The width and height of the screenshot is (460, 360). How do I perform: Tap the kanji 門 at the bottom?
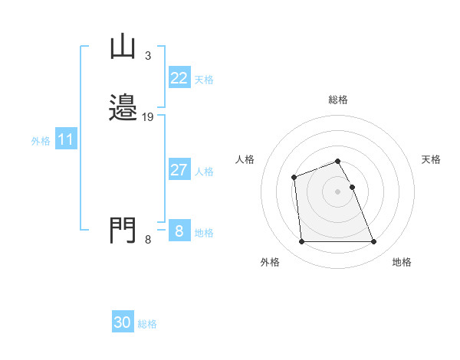click(x=123, y=230)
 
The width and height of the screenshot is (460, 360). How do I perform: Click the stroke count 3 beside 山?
click(x=147, y=56)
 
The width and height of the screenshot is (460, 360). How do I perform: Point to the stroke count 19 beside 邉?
click(x=148, y=117)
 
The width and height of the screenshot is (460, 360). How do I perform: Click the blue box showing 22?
click(x=179, y=78)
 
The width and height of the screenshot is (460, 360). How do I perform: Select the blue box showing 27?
click(x=179, y=170)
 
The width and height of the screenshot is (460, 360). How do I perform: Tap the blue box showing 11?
click(x=66, y=140)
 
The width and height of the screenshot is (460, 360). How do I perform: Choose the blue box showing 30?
click(x=123, y=322)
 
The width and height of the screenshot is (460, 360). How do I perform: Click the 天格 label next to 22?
click(x=204, y=80)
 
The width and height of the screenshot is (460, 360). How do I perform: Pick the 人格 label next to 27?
click(x=204, y=172)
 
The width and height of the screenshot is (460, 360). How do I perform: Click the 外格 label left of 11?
click(x=40, y=141)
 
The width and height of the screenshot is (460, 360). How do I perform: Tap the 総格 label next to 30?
click(x=147, y=324)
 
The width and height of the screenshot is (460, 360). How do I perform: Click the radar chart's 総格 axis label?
click(x=337, y=100)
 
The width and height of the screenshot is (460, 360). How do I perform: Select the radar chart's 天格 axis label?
click(x=431, y=159)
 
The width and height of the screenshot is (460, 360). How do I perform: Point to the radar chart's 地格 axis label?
click(x=402, y=262)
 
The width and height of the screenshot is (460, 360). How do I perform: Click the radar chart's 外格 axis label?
click(x=270, y=262)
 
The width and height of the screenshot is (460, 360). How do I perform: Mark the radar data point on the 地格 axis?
click(x=373, y=242)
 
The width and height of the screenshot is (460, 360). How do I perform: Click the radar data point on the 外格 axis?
click(x=301, y=242)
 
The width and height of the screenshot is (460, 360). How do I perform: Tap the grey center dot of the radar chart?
click(x=337, y=191)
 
